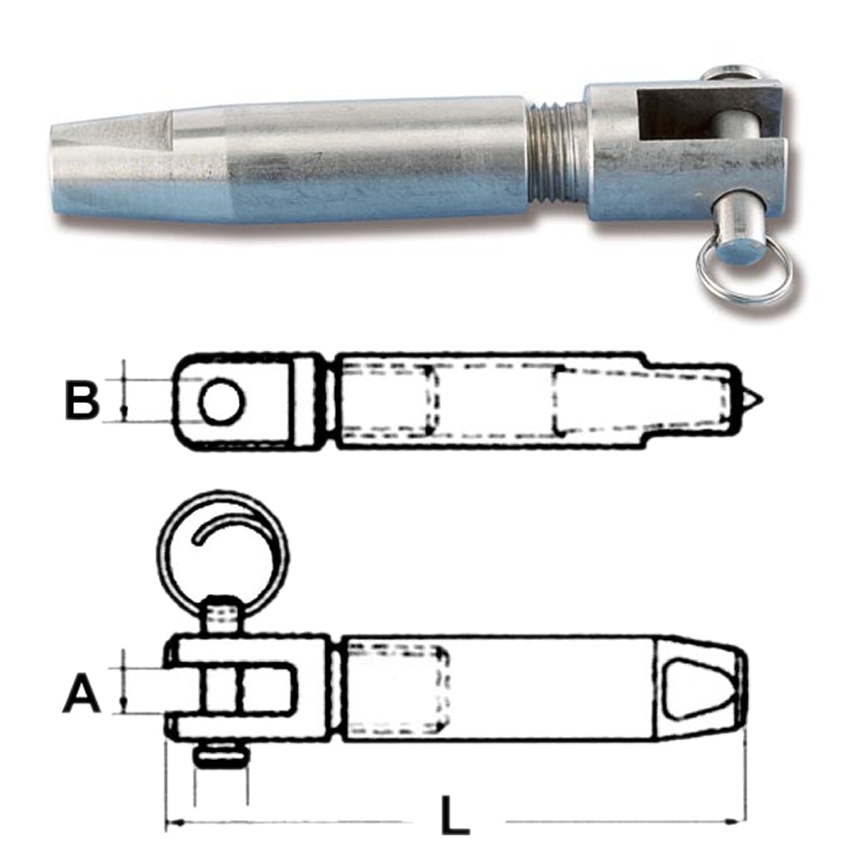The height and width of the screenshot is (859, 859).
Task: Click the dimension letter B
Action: tap(82, 401)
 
